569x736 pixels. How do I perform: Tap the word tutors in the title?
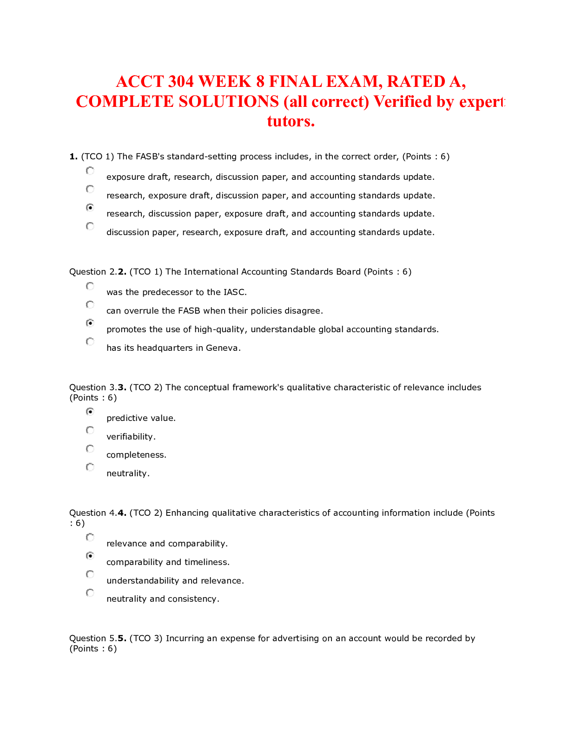pyautogui.click(x=291, y=121)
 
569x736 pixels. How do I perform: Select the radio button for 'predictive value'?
pyautogui.click(x=90, y=412)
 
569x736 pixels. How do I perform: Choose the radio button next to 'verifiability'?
pyautogui.click(x=90, y=430)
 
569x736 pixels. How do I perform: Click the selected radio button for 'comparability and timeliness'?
pyautogui.click(x=90, y=556)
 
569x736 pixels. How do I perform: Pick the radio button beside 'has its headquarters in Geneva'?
pyautogui.click(x=90, y=342)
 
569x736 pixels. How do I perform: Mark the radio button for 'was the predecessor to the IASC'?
pyautogui.click(x=90, y=286)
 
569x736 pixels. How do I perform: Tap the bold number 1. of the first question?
pyautogui.click(x=73, y=157)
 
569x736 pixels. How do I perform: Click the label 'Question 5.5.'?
pyautogui.click(x=98, y=638)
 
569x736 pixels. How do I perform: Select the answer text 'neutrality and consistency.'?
pyautogui.click(x=163, y=599)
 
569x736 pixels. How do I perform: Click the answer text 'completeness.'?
pyautogui.click(x=136, y=455)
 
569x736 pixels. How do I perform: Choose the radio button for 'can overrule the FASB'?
pyautogui.click(x=90, y=305)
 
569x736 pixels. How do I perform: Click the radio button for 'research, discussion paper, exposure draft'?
pyautogui.click(x=90, y=208)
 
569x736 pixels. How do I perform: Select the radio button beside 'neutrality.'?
pyautogui.click(x=90, y=467)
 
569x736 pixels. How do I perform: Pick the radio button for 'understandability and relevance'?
pyautogui.click(x=90, y=574)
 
